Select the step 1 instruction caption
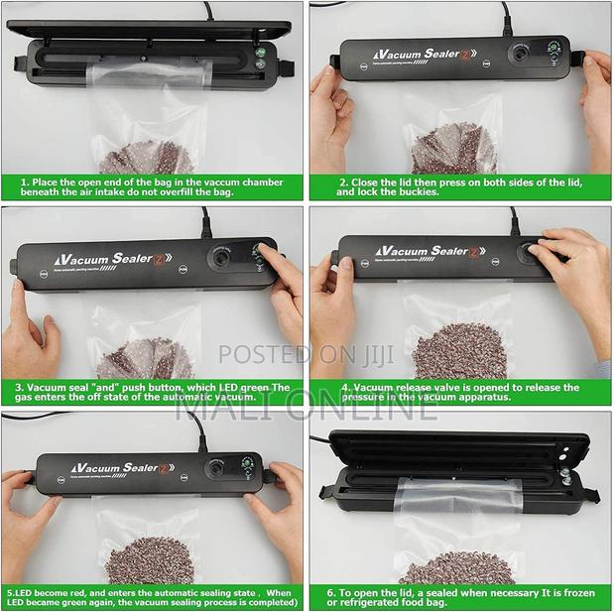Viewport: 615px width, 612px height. [152, 187]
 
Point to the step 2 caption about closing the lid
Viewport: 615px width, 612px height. [460, 187]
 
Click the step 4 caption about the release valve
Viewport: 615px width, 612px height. [460, 392]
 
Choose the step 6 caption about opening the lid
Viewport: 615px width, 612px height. [460, 598]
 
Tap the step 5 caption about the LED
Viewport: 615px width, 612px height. [152, 598]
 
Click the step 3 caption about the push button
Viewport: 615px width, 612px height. [152, 392]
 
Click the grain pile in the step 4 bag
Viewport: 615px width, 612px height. [459, 350]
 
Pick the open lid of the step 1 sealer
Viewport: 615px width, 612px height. [139, 31]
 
